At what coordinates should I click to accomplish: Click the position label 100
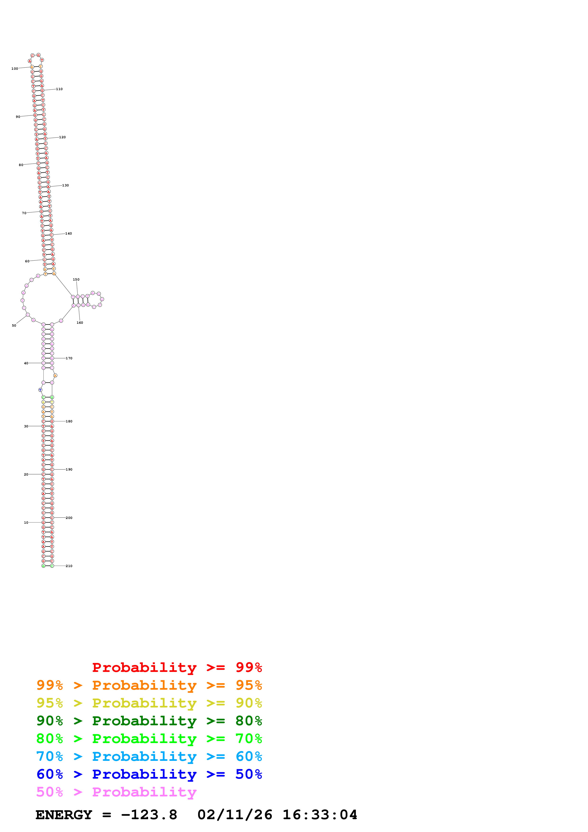(14, 69)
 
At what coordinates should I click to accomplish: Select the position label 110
(59, 89)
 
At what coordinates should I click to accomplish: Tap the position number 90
(18, 117)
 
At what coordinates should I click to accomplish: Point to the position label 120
(62, 137)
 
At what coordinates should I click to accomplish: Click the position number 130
(65, 185)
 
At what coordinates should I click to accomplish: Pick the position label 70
(24, 213)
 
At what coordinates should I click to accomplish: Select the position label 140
(69, 233)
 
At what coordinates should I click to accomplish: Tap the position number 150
(76, 279)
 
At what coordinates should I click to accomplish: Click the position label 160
(80, 323)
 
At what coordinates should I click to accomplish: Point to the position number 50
(14, 325)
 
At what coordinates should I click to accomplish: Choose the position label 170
(69, 358)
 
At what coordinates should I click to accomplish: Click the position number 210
(69, 566)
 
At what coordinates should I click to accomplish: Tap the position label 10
(26, 522)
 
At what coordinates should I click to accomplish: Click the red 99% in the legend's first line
(249, 667)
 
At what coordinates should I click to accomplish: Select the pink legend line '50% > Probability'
(116, 792)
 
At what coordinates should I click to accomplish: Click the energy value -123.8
(149, 815)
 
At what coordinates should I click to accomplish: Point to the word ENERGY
(64, 815)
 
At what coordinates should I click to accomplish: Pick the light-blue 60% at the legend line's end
(249, 756)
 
